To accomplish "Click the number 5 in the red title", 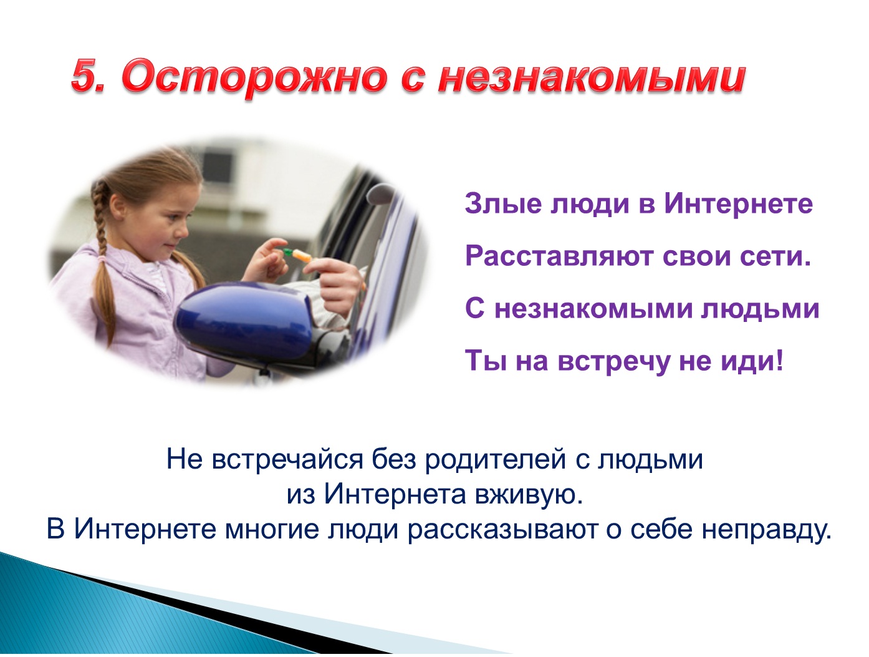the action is [87, 75].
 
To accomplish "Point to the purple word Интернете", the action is [738, 203].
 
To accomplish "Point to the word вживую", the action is [529, 495].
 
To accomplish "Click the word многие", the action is [272, 529].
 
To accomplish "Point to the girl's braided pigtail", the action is [102, 253].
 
